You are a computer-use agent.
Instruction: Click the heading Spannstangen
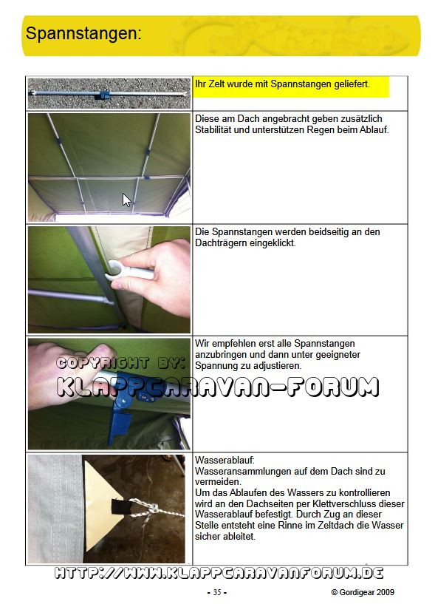click(83, 34)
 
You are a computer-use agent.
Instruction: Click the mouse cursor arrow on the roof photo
click(126, 200)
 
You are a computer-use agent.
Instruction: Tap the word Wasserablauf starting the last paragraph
click(225, 460)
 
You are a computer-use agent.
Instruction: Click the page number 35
click(217, 592)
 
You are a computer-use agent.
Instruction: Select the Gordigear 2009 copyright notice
click(363, 592)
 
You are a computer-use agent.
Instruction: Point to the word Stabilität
click(213, 130)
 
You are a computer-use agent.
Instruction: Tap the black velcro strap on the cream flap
click(120, 506)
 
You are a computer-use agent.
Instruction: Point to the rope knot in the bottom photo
click(151, 509)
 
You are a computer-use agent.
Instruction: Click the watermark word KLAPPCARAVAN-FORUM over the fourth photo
click(218, 387)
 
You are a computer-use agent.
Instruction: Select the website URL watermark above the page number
click(219, 573)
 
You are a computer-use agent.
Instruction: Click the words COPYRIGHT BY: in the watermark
click(121, 363)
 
